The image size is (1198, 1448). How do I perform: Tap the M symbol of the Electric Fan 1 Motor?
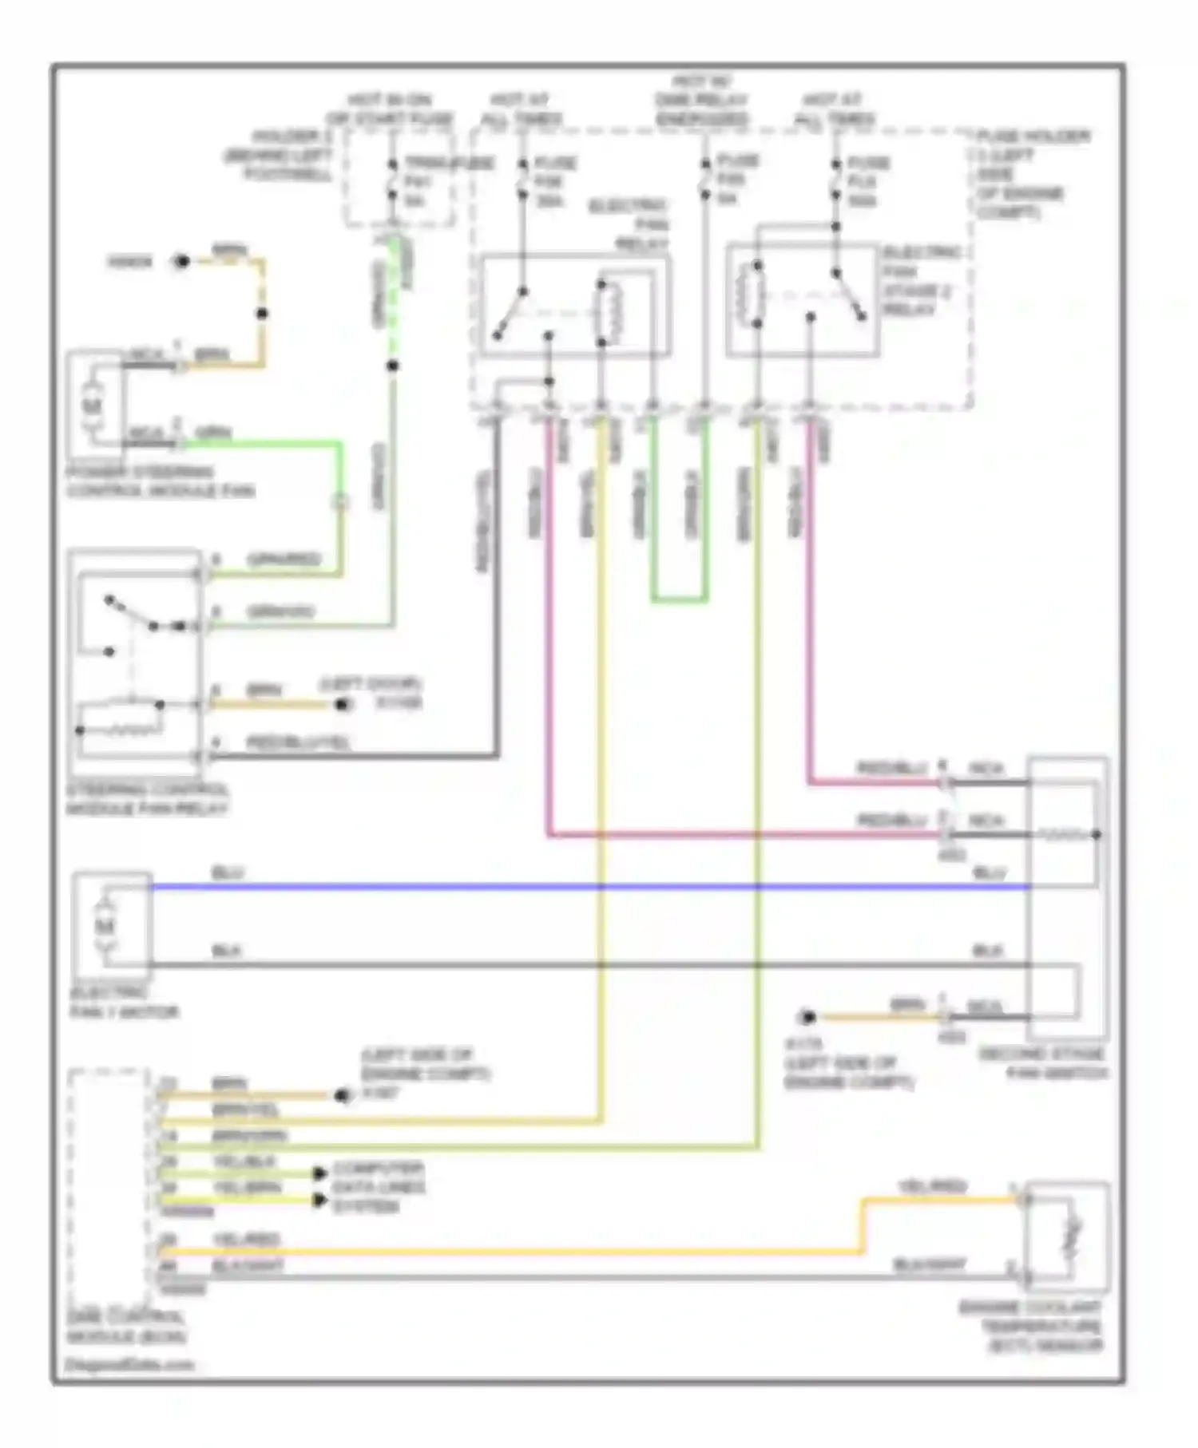(104, 926)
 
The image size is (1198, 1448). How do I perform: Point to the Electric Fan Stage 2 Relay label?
(920, 280)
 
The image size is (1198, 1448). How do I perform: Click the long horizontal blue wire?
(559, 887)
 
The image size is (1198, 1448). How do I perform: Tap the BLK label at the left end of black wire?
(226, 951)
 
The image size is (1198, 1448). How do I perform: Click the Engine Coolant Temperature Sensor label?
(1030, 1327)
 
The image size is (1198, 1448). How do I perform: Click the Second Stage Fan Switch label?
(1042, 1064)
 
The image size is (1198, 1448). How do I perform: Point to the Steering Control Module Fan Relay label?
(148, 799)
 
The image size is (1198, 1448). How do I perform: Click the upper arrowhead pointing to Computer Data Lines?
(319, 1173)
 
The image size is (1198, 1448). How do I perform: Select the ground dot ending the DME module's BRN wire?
(344, 1096)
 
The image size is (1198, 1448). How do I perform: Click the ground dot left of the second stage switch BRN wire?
(807, 1017)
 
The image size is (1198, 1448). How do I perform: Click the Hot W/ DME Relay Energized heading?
(702, 100)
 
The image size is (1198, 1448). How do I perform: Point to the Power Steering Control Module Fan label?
(160, 481)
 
